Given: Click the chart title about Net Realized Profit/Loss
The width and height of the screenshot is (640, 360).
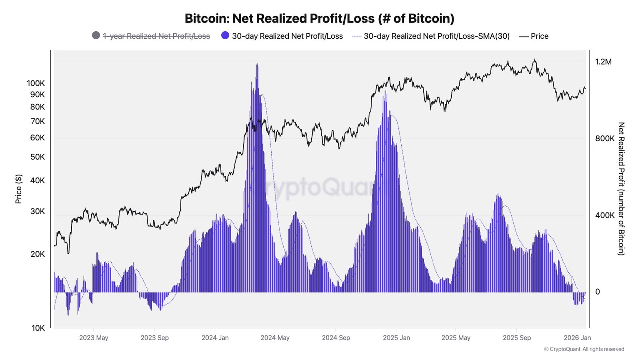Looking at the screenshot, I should click(319, 18).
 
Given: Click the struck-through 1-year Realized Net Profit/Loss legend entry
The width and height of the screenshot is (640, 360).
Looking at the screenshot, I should click(156, 36).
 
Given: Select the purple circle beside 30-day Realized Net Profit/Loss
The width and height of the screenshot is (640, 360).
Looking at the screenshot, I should click(225, 36).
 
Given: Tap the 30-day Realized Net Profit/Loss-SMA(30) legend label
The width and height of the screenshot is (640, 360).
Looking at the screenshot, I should click(436, 36).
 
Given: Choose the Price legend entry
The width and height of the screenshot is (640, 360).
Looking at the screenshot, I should click(539, 36).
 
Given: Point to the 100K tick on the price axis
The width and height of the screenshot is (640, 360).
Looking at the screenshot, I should click(36, 83).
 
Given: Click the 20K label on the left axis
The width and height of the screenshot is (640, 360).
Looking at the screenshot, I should click(37, 254).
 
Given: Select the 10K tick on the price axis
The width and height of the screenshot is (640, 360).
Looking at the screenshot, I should click(38, 328).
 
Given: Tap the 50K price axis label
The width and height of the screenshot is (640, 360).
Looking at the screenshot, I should click(37, 157).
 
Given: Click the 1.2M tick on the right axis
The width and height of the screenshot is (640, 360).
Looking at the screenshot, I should click(603, 62).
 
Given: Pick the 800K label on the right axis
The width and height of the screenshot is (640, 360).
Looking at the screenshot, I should click(605, 138).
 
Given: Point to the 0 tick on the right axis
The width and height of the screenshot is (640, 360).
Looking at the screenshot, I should click(597, 292).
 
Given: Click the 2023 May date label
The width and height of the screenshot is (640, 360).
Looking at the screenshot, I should click(94, 337).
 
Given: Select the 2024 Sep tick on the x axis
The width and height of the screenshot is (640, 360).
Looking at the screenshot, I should click(336, 337).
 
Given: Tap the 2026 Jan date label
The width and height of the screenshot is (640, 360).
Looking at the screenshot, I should click(577, 337).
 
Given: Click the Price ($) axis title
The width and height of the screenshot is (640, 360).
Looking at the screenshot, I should click(18, 189).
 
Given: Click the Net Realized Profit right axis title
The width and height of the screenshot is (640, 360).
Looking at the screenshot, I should click(621, 188).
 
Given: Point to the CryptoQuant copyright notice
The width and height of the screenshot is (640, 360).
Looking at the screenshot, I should click(584, 349).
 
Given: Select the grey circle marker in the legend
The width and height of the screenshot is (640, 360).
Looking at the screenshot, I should click(96, 36).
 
